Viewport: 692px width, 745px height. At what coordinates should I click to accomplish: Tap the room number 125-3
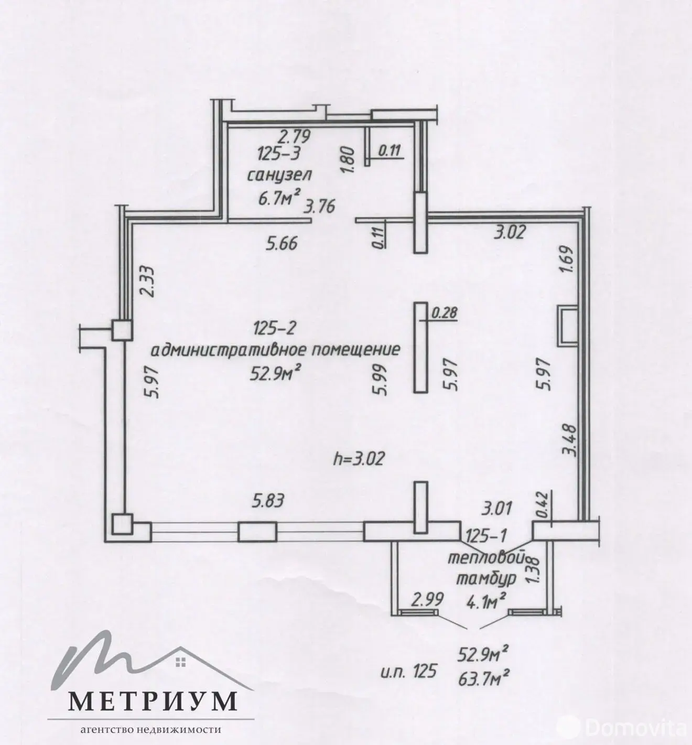(x=278, y=155)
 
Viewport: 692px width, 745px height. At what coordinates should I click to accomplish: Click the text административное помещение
(x=276, y=349)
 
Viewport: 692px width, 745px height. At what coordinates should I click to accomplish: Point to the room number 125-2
(x=275, y=329)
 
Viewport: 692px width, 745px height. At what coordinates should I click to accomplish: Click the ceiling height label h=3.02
(x=360, y=459)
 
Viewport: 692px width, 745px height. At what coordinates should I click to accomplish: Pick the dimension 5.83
(x=268, y=501)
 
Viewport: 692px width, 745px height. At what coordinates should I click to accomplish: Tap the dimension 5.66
(x=282, y=243)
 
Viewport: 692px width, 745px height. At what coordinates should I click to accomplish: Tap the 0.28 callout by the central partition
(x=445, y=313)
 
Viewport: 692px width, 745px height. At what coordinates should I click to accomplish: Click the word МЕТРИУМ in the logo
(x=152, y=700)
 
